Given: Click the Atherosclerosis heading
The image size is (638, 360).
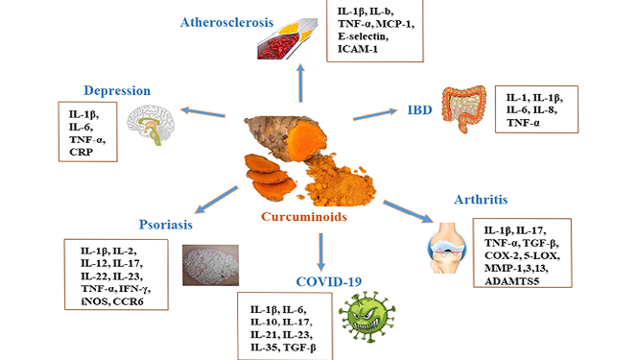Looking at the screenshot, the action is coord(226,22).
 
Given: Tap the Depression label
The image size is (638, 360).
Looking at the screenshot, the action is coord(117,90).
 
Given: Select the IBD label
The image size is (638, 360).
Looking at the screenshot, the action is coord(419,110).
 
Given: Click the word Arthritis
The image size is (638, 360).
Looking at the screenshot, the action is coord(481,200).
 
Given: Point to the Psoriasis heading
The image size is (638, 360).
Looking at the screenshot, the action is coord(166,225).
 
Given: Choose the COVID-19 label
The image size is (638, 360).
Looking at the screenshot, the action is coord(329,281).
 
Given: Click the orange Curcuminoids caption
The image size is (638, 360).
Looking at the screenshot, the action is coord(304,216).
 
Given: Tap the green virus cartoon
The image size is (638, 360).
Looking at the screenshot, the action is coord(367,316).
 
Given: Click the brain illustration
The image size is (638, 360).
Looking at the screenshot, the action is coord(151,125).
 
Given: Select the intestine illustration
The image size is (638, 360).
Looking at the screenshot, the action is coord(464,108).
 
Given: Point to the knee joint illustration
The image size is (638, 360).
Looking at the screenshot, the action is coord(447,248).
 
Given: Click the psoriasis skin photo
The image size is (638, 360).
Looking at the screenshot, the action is coord(210,265).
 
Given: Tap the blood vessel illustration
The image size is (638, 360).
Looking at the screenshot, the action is coord(287,38).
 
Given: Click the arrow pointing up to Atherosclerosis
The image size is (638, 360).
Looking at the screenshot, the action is coord(300,83).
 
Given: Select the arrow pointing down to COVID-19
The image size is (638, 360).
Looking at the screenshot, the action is coord(321,252).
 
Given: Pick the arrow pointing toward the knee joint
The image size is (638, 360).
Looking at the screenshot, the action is coord(409,212).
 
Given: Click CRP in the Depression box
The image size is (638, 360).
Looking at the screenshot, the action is coord(81,153).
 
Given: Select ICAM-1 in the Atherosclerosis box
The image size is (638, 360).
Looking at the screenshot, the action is coord(358,49).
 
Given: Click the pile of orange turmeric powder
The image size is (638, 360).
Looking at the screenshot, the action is coord(340,182).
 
